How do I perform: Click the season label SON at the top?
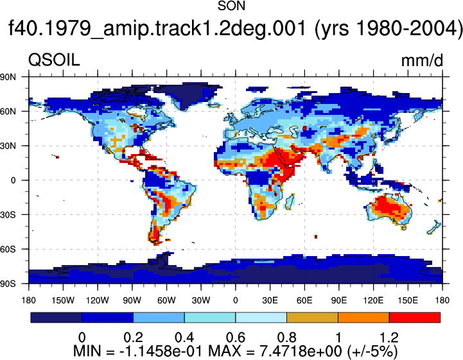(x=231, y=6)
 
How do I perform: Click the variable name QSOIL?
(x=54, y=60)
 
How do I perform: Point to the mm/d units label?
(x=422, y=60)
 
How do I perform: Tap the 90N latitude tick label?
(x=8, y=77)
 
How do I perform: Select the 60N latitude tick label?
(x=8, y=112)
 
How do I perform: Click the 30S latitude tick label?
(x=8, y=215)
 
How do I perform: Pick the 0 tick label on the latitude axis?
(x=13, y=180)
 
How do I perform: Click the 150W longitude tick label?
(x=63, y=300)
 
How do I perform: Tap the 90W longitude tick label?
(x=132, y=300)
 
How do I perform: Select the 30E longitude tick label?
(x=270, y=300)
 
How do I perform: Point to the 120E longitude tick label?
(x=374, y=300)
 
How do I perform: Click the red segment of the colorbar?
(x=415, y=317)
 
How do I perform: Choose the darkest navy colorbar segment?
(x=56, y=317)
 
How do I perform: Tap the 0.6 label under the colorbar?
(x=236, y=338)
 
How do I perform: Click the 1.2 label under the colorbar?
(x=389, y=338)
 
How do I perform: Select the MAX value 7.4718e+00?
(x=301, y=351)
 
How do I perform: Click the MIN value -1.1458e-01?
(x=161, y=351)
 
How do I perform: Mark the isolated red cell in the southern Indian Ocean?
(x=316, y=236)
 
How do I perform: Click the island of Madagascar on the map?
(x=290, y=201)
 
